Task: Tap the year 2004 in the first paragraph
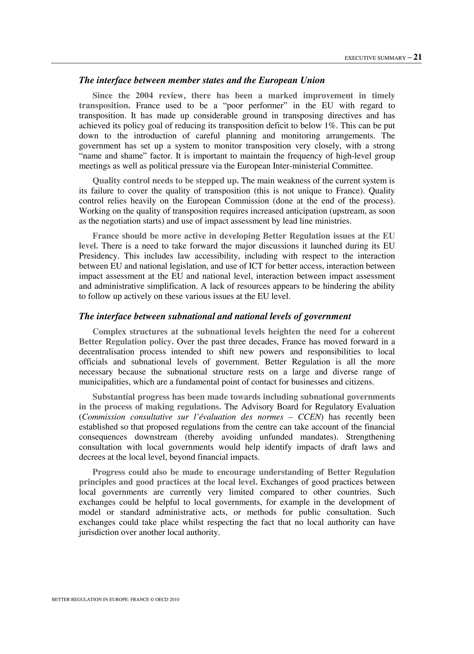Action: click(144, 96)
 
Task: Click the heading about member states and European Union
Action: click(202, 80)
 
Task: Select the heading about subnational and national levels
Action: click(215, 316)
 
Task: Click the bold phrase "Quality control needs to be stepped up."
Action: click(165, 181)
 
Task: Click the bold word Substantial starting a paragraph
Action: click(113, 397)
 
